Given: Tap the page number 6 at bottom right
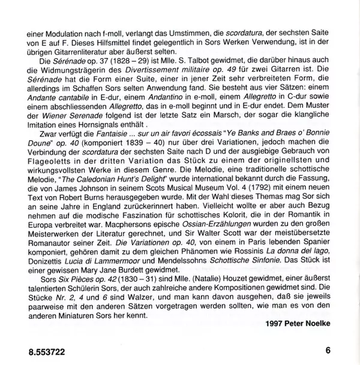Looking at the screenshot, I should coord(328,351).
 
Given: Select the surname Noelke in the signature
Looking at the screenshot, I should coord(317,324).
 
